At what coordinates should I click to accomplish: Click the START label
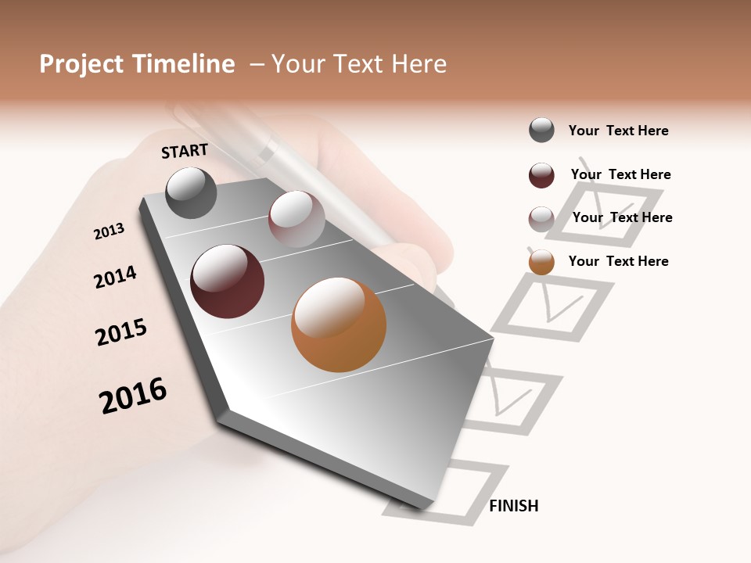click(185, 151)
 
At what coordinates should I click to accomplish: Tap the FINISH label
click(513, 506)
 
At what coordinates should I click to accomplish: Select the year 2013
click(109, 231)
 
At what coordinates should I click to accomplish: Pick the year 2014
click(115, 277)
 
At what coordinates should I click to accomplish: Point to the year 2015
click(121, 332)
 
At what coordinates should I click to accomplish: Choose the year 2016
click(133, 396)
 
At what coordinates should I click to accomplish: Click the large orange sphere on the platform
click(339, 325)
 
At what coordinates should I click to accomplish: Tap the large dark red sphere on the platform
click(228, 281)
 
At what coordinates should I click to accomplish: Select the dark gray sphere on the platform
click(192, 193)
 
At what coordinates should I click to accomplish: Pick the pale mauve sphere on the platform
click(296, 219)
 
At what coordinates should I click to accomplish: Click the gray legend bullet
click(541, 131)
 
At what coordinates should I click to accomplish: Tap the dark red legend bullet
click(541, 175)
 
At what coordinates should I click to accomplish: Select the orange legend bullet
click(541, 262)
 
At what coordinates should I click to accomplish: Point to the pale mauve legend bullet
click(541, 219)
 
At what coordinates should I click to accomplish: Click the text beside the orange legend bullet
click(618, 261)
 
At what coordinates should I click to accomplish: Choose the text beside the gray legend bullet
click(618, 131)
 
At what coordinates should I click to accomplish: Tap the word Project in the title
click(81, 64)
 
